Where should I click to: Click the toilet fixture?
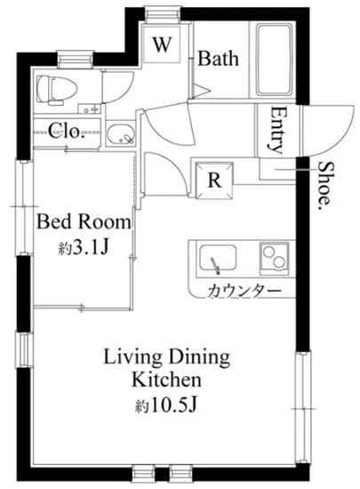(56, 90)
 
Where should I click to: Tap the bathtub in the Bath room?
(275, 60)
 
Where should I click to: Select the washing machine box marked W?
(162, 44)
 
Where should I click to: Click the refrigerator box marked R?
(214, 180)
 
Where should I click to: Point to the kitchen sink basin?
(218, 258)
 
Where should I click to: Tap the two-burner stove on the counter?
(275, 258)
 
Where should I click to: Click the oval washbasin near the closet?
(121, 134)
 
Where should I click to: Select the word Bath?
(219, 59)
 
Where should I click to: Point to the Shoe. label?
(325, 186)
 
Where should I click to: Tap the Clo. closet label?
(67, 131)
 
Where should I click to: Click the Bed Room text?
(84, 221)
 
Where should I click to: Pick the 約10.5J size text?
(166, 405)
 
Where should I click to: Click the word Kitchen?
(166, 380)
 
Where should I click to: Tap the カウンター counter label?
(244, 291)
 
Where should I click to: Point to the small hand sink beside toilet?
(90, 108)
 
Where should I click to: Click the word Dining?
(199, 357)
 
